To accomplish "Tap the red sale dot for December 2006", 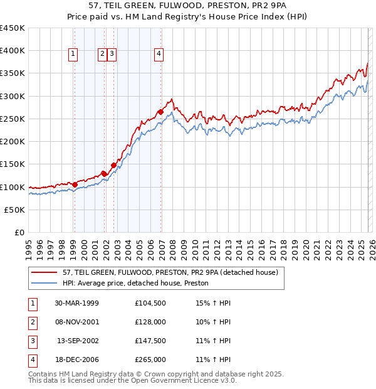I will pyautogui.click(x=160, y=112).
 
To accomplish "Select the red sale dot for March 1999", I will pyautogui.click(x=75, y=184).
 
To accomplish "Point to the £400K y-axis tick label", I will pyautogui.click(x=13, y=51).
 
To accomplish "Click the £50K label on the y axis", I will pyautogui.click(x=15, y=210).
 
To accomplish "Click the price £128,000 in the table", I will pyautogui.click(x=150, y=322).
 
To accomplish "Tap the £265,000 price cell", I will pyautogui.click(x=150, y=360).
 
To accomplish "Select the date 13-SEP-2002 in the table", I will pyautogui.click(x=78, y=341).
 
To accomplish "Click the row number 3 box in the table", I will pyautogui.click(x=31, y=341).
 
